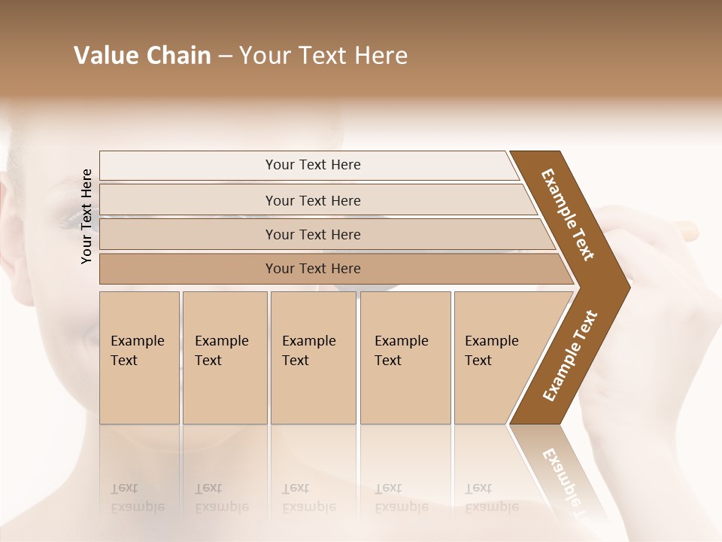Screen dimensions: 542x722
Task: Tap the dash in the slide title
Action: (225, 56)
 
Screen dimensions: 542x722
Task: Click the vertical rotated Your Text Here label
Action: (87, 216)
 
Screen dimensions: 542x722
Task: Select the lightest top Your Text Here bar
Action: (312, 165)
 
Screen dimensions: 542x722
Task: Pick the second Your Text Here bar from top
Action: (312, 200)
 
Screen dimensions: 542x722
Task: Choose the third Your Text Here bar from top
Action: (312, 235)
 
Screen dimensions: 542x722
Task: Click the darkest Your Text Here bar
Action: (312, 269)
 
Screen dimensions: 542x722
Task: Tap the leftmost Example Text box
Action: (139, 358)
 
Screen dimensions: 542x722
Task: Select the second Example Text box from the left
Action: (224, 358)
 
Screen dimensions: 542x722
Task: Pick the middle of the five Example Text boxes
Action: (313, 358)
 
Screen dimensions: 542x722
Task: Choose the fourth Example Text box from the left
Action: (405, 358)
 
